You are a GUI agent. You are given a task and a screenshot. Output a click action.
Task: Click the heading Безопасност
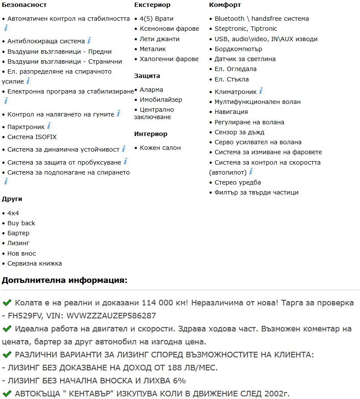tap(24, 5)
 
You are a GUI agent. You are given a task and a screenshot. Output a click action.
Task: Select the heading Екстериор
tap(152, 5)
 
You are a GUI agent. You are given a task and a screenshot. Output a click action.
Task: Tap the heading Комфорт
tap(225, 5)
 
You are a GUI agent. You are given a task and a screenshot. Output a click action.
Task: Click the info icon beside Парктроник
tap(49, 126)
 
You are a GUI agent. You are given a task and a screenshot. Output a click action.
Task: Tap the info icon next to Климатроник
tap(261, 91)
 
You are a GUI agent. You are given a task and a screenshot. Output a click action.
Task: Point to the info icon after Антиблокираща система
tap(89, 41)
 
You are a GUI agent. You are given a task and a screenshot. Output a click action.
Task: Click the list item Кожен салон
tap(160, 148)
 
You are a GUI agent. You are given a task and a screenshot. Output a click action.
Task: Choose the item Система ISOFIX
tap(32, 137)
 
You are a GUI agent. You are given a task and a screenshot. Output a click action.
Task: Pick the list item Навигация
tap(231, 112)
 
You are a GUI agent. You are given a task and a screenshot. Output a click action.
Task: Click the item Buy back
tap(21, 223)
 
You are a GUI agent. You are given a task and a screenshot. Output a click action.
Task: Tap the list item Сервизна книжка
tap(35, 263)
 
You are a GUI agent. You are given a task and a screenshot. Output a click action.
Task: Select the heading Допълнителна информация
tap(64, 280)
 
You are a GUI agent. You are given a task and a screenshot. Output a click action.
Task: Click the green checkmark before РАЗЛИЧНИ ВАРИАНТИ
tap(6, 355)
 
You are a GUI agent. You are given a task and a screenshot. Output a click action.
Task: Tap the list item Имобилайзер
tap(161, 100)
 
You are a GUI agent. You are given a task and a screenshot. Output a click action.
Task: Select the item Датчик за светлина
tap(245, 59)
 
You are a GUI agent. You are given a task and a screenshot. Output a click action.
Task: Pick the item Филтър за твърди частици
tap(257, 192)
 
